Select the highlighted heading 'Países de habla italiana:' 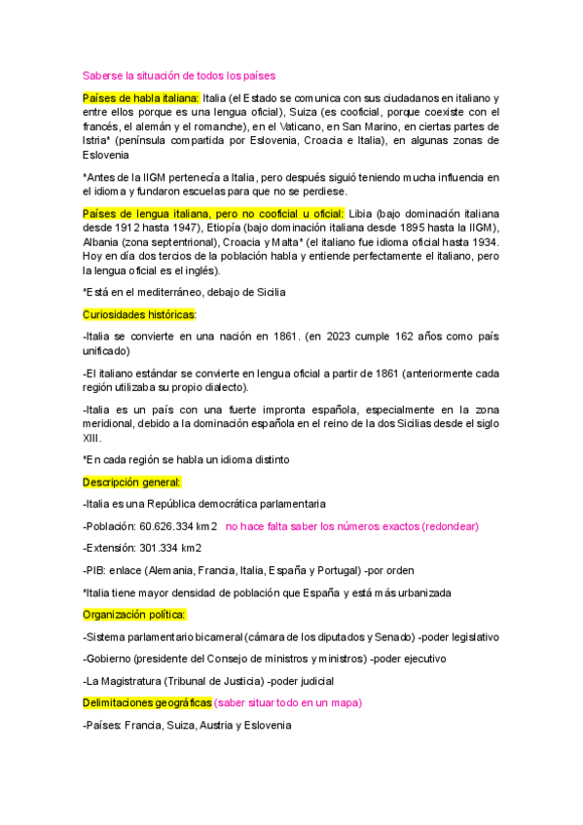(141, 98)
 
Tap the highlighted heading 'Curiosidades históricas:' (139, 314)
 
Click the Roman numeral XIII (92, 438)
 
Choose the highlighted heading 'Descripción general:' (131, 482)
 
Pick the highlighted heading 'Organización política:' (135, 614)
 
